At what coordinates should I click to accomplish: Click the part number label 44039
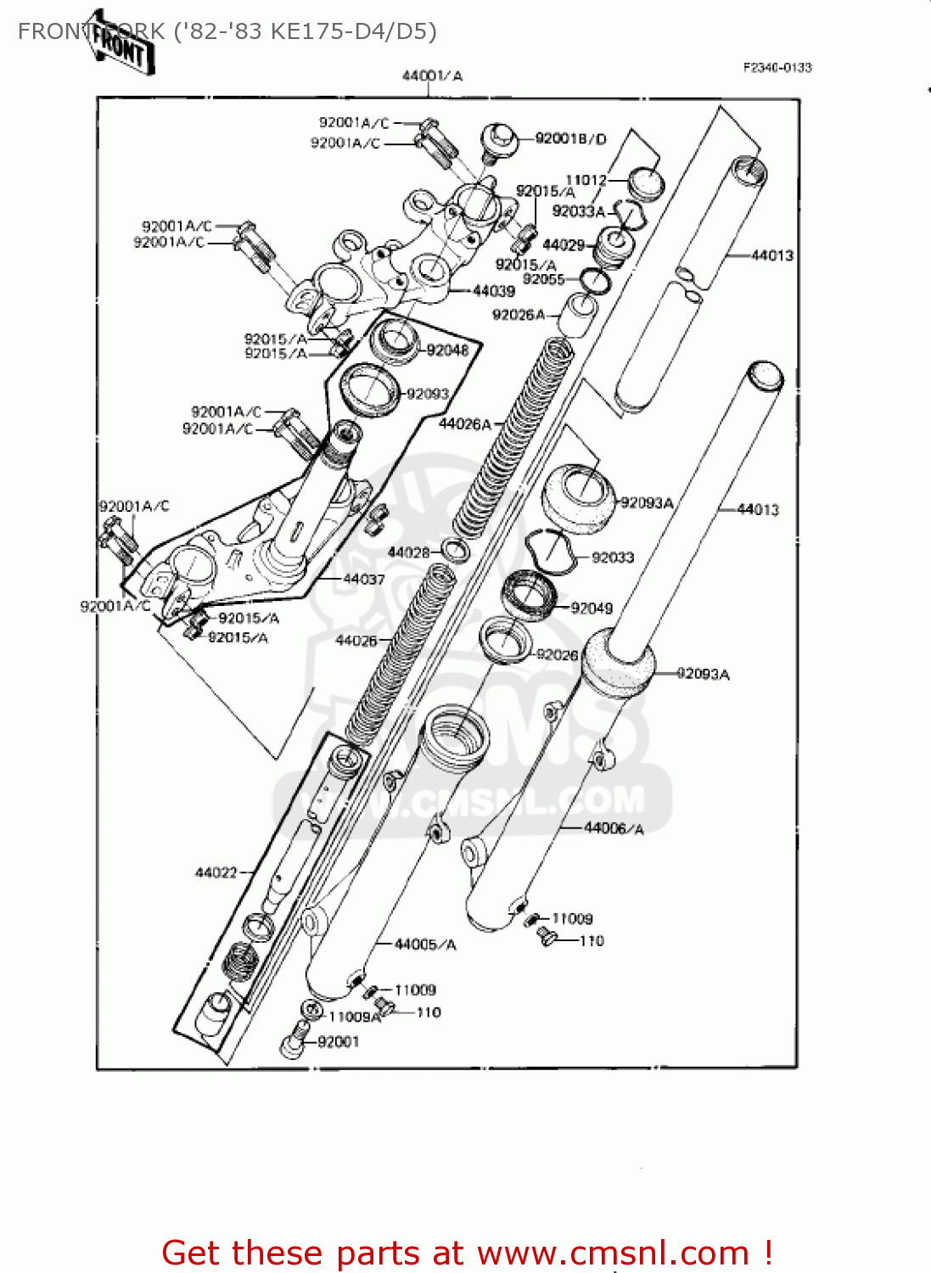click(x=493, y=291)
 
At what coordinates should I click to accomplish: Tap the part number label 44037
click(x=363, y=580)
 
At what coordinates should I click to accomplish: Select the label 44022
click(x=216, y=872)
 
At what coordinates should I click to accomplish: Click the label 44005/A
click(x=425, y=945)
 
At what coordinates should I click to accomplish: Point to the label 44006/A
click(x=614, y=828)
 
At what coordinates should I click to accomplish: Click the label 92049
click(x=592, y=608)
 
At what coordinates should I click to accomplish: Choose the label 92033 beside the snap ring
click(x=613, y=558)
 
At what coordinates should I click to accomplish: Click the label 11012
click(x=586, y=180)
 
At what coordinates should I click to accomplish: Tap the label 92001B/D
click(x=570, y=138)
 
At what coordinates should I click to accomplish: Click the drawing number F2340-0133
click(x=777, y=68)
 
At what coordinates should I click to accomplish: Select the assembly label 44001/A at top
click(x=432, y=76)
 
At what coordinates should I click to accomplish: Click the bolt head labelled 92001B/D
click(x=499, y=139)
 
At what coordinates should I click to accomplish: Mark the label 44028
click(x=408, y=552)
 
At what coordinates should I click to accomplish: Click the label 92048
click(x=447, y=350)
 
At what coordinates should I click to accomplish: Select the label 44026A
click(x=464, y=423)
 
